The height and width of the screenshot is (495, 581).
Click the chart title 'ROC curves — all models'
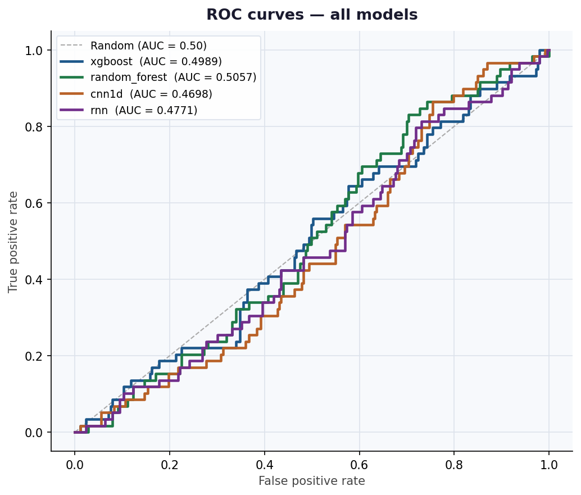point(312,15)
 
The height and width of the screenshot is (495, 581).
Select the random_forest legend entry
point(173,78)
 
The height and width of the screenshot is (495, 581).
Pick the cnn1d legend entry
point(151,94)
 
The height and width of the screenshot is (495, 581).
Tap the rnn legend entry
point(144,110)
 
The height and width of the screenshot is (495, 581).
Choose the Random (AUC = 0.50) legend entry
point(148,46)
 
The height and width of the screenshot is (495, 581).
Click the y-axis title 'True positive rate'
point(13,242)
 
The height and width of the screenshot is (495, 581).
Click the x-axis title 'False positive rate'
point(312,481)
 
